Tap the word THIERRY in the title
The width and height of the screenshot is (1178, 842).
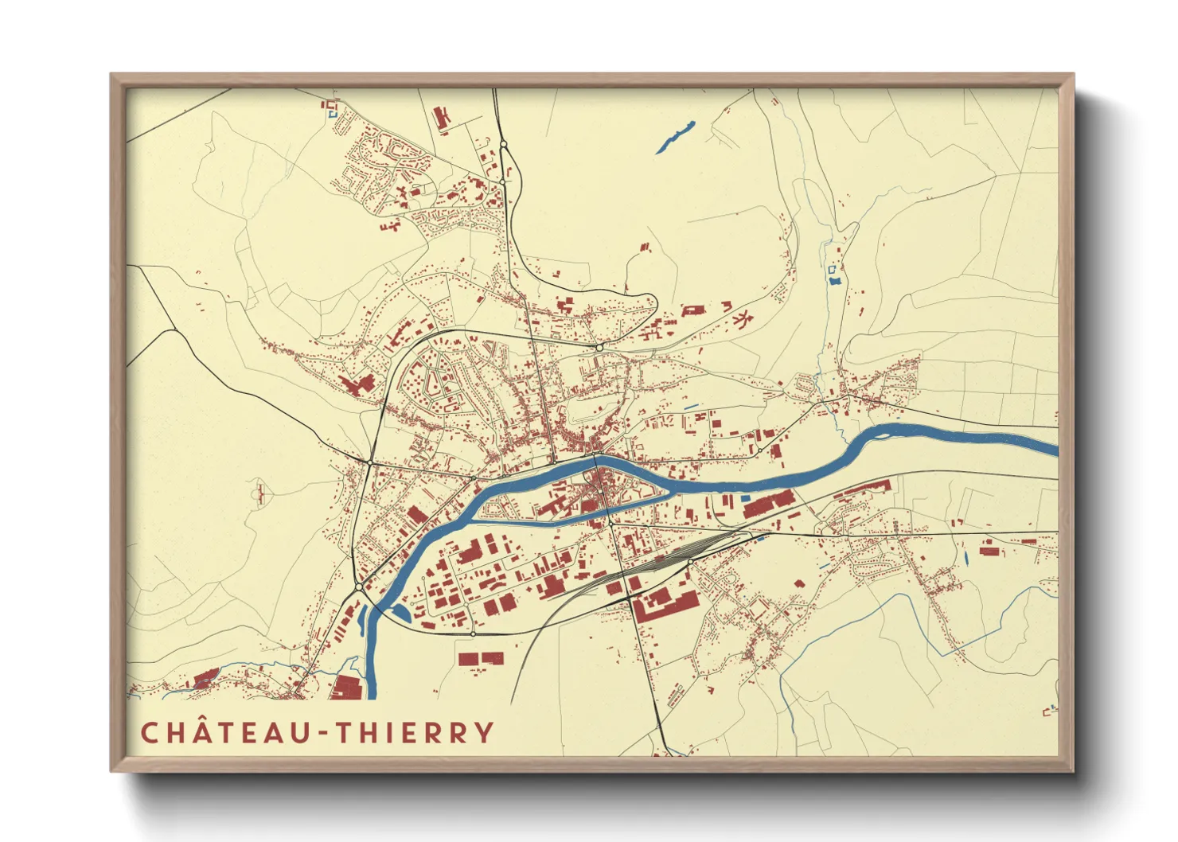tap(415, 732)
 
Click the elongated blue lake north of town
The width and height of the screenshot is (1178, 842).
tap(676, 136)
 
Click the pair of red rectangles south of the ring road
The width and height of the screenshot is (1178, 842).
tap(481, 659)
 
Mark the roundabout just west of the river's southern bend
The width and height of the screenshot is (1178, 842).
tap(359, 587)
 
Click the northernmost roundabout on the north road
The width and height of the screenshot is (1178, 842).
tap(503, 144)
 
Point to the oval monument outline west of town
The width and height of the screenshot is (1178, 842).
tap(259, 494)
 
